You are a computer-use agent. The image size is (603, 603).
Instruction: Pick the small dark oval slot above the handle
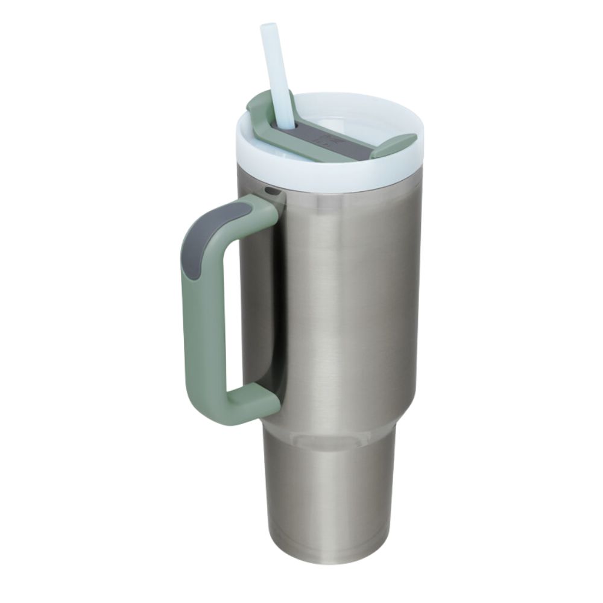point(273,192)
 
